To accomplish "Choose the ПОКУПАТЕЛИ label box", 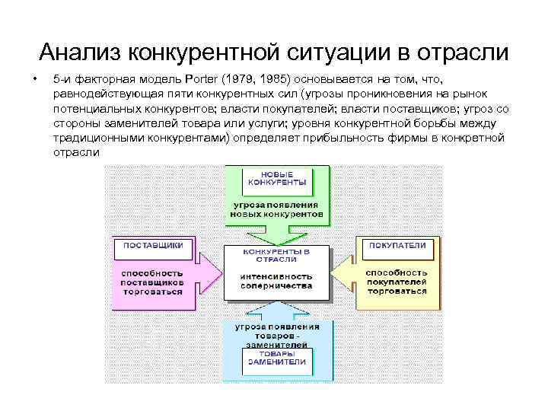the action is point(397,247).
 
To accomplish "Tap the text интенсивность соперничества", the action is point(276,281).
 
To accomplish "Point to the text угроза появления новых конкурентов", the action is point(276,210).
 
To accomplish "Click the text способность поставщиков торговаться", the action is point(152,282).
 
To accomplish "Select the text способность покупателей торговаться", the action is point(397,282).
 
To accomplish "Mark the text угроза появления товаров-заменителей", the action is point(276,333).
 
